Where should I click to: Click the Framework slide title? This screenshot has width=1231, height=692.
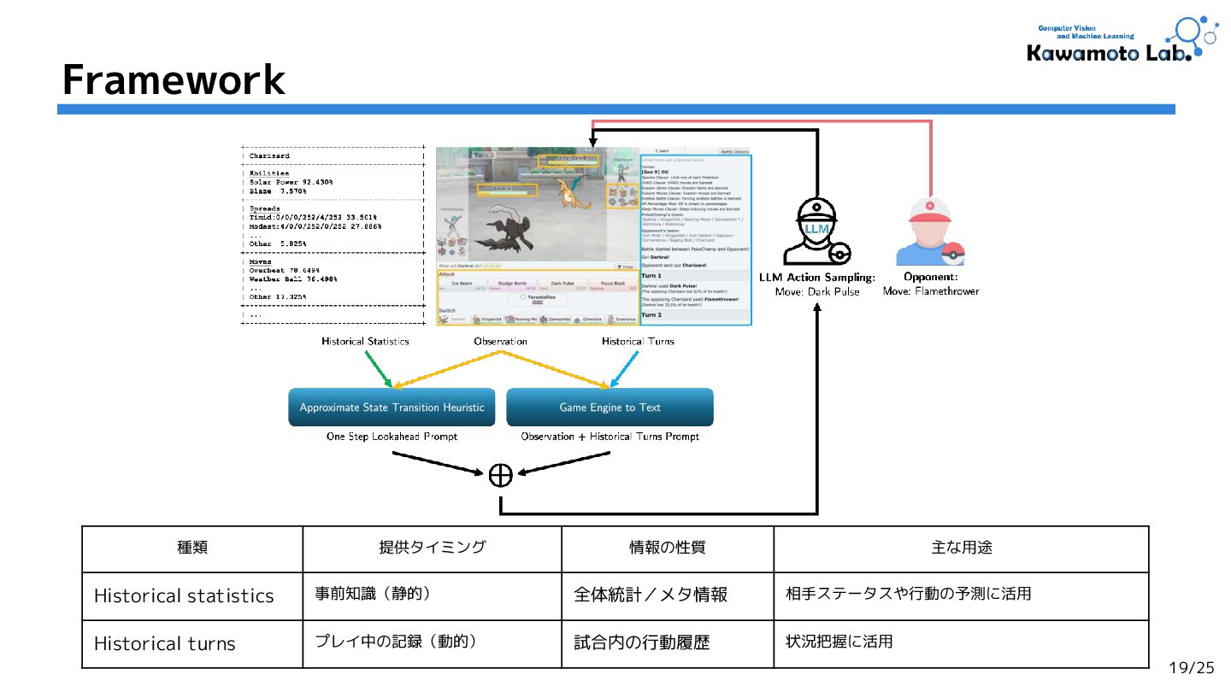(174, 80)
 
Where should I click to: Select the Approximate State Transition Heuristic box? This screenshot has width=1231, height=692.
(392, 408)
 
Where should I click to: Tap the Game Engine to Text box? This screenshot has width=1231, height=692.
(610, 408)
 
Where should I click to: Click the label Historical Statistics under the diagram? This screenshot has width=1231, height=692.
(365, 342)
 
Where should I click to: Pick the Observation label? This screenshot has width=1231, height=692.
(500, 342)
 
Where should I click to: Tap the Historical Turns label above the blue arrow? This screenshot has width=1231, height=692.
(637, 342)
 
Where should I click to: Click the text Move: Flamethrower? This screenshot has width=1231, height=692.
(931, 291)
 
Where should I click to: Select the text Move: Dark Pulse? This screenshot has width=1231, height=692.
(816, 292)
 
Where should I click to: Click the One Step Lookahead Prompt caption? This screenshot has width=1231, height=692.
(392, 437)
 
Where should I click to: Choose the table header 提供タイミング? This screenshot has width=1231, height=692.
(432, 548)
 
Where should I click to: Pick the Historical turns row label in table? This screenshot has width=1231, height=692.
(164, 644)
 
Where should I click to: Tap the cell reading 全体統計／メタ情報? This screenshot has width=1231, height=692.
(651, 595)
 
